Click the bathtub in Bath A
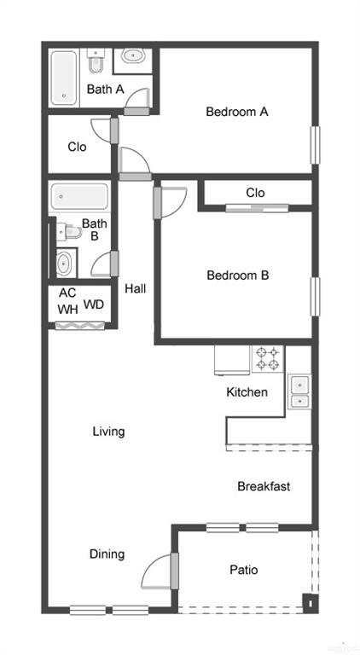pyautogui.click(x=66, y=78)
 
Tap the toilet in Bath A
pyautogui.click(x=96, y=62)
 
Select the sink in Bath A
pyautogui.click(x=133, y=57)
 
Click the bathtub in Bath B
pyautogui.click(x=79, y=198)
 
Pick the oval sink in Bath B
pyautogui.click(x=65, y=263)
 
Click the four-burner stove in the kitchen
pyautogui.click(x=267, y=358)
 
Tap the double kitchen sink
pyautogui.click(x=299, y=392)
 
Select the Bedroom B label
pyautogui.click(x=237, y=275)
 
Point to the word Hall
pyautogui.click(x=135, y=289)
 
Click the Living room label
pyautogui.click(x=108, y=432)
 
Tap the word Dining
pyautogui.click(x=107, y=554)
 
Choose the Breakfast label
pyautogui.click(x=264, y=487)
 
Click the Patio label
pyautogui.click(x=243, y=570)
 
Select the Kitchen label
pyautogui.click(x=247, y=393)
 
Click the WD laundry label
pyautogui.click(x=94, y=304)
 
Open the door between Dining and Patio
pyautogui.click(x=174, y=571)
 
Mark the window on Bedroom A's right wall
pyautogui.click(x=314, y=144)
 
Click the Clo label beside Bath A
pyautogui.click(x=77, y=147)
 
